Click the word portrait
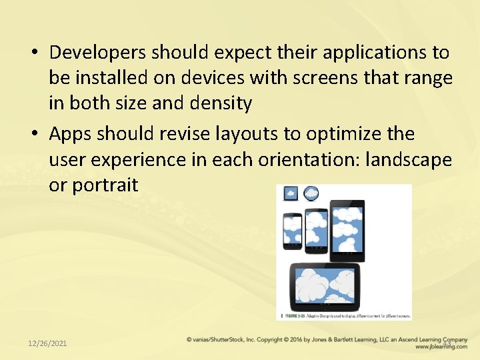[105, 185]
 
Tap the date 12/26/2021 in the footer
[47, 343]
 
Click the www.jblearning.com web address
[441, 347]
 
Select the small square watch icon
[291, 194]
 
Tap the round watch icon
[310, 194]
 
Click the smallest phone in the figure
[292, 231]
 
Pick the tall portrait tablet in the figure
[347, 230]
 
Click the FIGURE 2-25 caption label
[292, 315]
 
